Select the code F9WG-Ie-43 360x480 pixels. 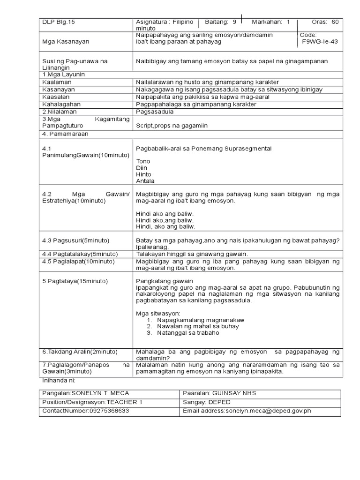(320, 41)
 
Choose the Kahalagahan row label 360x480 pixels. (59, 104)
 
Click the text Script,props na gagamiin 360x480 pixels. (172, 126)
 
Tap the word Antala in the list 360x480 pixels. (145, 180)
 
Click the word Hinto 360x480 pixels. (143, 174)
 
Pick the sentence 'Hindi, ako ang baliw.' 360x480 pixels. (165, 226)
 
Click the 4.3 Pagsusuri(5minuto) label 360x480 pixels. (75, 240)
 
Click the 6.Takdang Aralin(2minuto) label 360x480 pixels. (80, 352)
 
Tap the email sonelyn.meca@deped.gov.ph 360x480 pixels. (268, 411)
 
